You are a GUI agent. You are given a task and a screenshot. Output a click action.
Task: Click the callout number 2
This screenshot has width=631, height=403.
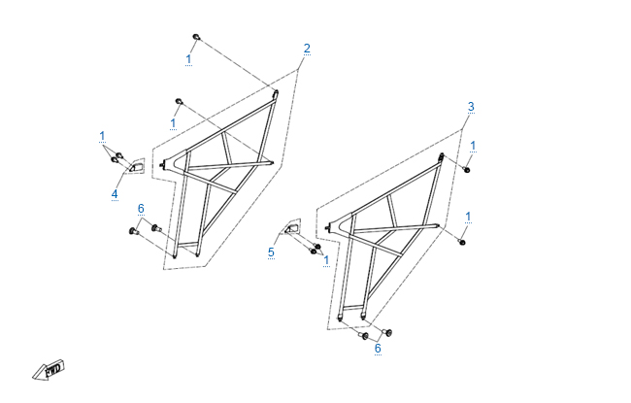(x=307, y=49)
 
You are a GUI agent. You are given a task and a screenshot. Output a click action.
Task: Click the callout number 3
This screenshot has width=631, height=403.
(x=471, y=107)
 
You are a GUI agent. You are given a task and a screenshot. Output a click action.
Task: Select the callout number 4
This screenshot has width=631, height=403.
(x=115, y=194)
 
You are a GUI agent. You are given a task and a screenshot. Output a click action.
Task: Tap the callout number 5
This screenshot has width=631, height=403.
(x=271, y=252)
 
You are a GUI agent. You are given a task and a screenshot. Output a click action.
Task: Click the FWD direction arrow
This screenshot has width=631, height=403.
(x=49, y=370)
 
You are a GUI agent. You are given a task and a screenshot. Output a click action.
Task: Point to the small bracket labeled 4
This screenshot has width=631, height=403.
(x=137, y=166)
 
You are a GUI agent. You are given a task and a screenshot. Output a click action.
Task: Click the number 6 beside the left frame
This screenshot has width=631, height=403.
(x=141, y=209)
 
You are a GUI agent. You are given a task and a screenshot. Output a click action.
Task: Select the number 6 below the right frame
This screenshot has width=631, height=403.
(x=378, y=349)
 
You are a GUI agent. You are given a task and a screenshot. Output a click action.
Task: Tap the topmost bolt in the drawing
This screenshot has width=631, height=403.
(x=196, y=38)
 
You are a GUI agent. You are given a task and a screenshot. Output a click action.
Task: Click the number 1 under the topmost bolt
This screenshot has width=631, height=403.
(x=188, y=59)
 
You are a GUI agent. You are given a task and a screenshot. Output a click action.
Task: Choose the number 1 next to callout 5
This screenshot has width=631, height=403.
(x=326, y=260)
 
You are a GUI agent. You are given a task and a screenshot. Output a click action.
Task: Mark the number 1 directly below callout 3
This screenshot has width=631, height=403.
(x=473, y=146)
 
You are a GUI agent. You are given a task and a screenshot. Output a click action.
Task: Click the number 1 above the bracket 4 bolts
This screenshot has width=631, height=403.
(x=102, y=136)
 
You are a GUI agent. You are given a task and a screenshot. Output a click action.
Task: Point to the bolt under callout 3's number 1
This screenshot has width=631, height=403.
(x=466, y=170)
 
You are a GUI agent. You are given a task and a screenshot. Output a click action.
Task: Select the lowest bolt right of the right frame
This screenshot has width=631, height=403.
(x=462, y=242)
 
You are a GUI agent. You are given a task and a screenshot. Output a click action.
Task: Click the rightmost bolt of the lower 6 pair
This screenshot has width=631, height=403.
(x=387, y=333)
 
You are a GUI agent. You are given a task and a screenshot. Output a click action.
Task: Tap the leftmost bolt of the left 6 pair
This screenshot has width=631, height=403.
(x=134, y=231)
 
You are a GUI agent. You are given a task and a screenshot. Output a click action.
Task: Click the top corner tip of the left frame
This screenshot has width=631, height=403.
(x=276, y=92)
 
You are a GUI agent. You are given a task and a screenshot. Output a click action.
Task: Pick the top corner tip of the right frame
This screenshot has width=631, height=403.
(x=442, y=155)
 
